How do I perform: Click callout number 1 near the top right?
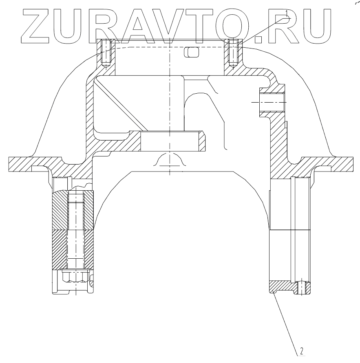(287, 12)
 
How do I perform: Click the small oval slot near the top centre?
(191, 52)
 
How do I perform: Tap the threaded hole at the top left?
(106, 53)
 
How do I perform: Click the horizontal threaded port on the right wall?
(271, 102)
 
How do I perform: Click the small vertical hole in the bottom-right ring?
(301, 287)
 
